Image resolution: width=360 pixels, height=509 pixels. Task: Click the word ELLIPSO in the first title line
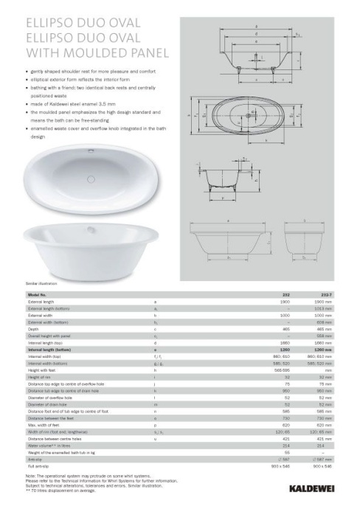tap(51, 24)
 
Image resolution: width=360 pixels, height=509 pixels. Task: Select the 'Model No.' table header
tap(38, 295)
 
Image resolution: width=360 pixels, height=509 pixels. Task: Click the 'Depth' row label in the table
tap(33, 329)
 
